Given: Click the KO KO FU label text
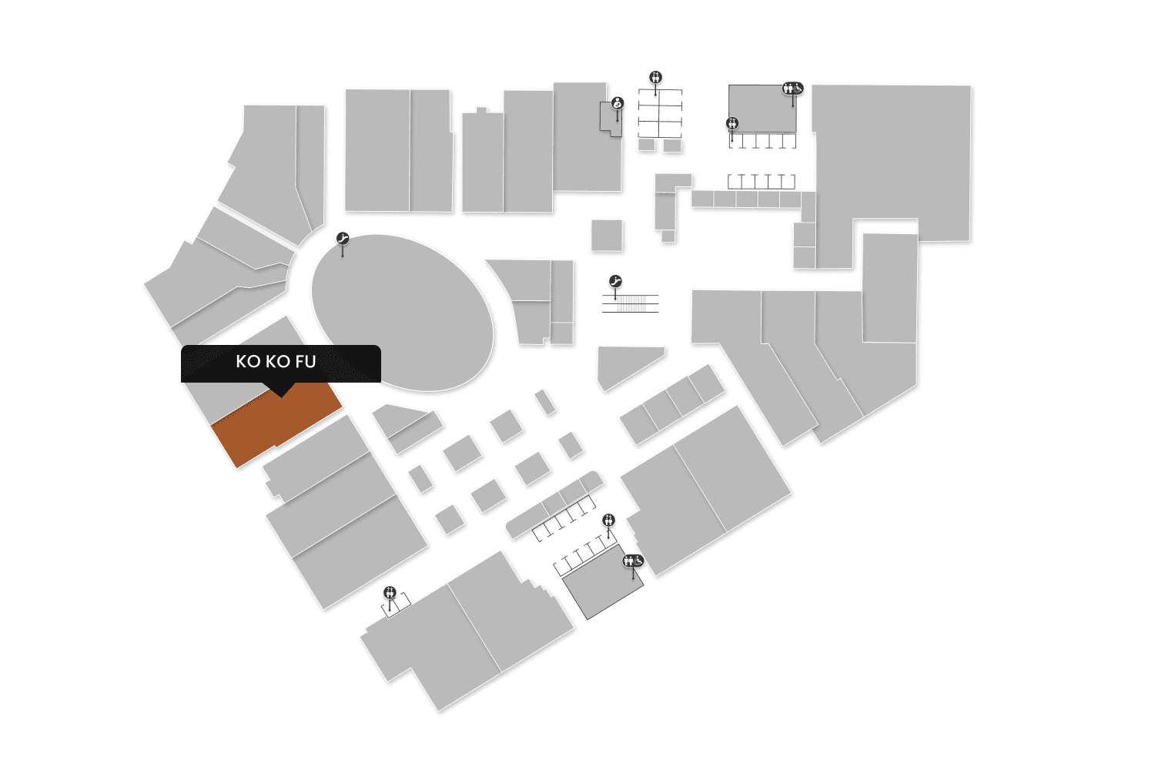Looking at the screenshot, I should pos(276,362).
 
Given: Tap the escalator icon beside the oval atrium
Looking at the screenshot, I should pos(343,239).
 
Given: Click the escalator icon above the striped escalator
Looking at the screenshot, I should pos(615,281).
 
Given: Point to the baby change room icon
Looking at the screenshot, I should pos(618,103).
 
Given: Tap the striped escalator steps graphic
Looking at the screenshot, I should pos(631,303).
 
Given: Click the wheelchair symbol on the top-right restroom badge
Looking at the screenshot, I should pos(798,88).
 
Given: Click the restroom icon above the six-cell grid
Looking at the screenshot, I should pos(656,77).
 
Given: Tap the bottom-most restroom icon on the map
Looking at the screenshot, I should pos(390,592).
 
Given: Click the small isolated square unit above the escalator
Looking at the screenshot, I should pos(607,236).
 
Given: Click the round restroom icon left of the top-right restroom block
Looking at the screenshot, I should pos(732,123).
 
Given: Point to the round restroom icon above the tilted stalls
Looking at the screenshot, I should pos(609,521).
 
